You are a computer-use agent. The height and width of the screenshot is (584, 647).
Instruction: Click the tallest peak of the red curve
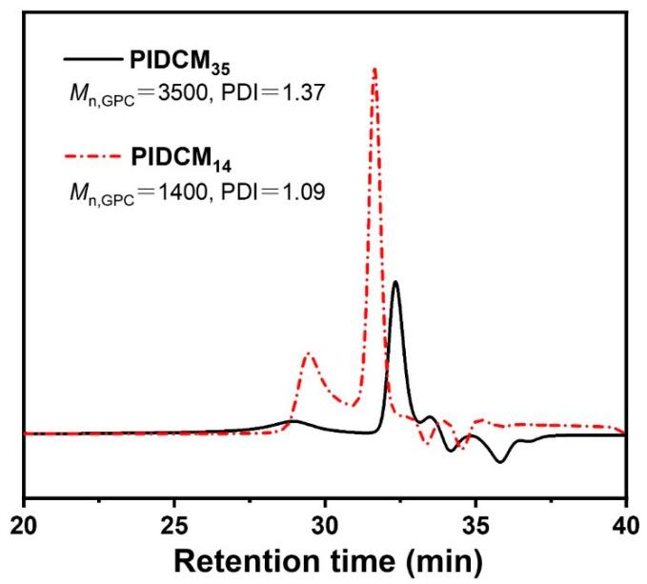point(374,70)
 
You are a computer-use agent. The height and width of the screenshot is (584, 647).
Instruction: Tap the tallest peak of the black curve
point(394,282)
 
